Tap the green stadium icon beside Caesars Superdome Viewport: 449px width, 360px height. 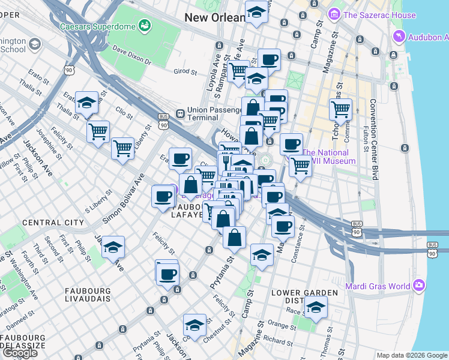pyautogui.click(x=144, y=25)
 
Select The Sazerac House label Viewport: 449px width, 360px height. pyautogui.click(x=379, y=15)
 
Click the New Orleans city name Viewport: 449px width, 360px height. pyautogui.click(x=214, y=17)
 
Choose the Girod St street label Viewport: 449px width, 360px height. pyautogui.click(x=185, y=72)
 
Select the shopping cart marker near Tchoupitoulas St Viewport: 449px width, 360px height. pyautogui.click(x=340, y=109)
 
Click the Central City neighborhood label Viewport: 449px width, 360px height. pyautogui.click(x=53, y=223)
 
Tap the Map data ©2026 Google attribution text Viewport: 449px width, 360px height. pyautogui.click(x=412, y=355)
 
